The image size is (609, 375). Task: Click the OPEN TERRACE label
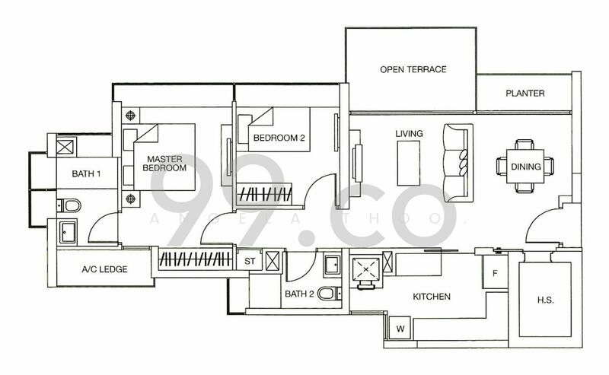coord(413,70)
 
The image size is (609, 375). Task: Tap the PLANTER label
coord(525,94)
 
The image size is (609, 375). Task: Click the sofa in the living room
coord(458,162)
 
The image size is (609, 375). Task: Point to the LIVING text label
coord(409,134)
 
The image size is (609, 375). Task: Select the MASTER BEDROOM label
coord(166,163)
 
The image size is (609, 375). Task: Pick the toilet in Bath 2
coord(325,294)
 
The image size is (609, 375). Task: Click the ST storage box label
coord(248,261)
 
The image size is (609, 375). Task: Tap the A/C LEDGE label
coord(104,269)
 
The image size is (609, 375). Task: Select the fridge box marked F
coord(495,272)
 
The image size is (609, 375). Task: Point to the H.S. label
coord(544,300)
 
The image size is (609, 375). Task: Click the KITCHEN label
coord(432,297)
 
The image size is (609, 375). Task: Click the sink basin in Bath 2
coord(332,265)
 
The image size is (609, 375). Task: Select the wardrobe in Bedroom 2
coord(267,194)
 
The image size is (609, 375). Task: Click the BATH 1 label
coord(86,174)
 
